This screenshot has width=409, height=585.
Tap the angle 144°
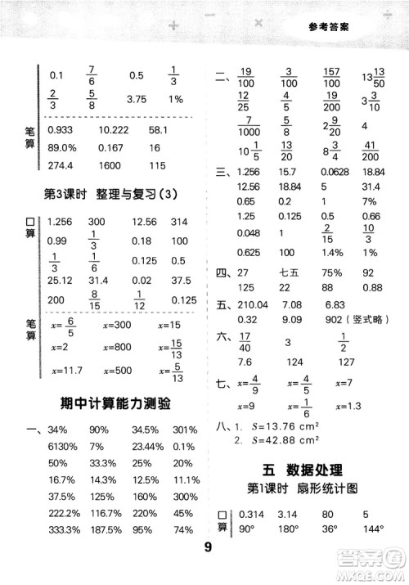(377, 530)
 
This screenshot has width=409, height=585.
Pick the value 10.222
(114, 129)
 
